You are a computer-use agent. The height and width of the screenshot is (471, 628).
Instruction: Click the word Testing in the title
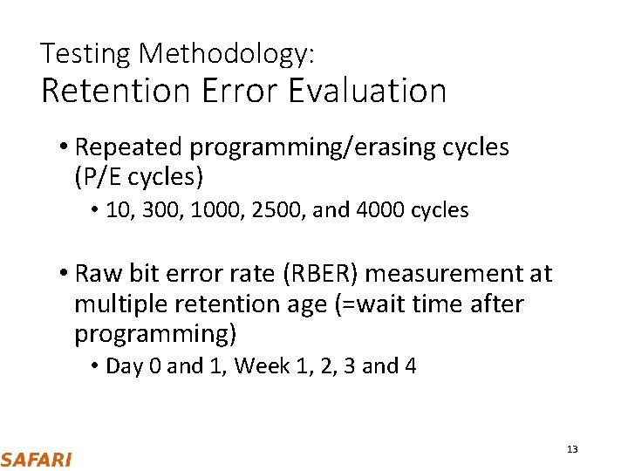85,55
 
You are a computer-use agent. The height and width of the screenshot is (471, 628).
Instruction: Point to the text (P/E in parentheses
99,178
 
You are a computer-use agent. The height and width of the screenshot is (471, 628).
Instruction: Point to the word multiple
120,304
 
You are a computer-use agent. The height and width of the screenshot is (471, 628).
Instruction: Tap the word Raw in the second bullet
95,274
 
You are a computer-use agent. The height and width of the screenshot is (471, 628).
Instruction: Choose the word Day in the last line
123,365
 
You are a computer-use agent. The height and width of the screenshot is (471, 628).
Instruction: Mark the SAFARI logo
36,459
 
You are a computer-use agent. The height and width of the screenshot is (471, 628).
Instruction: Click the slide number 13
572,449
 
